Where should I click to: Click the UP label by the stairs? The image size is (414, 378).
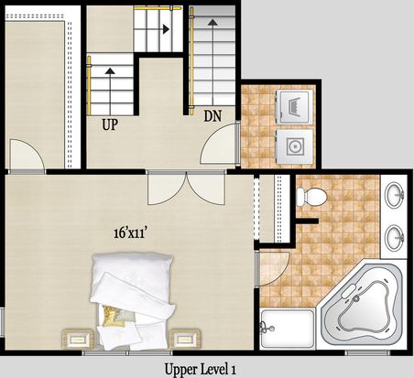[x=110, y=124]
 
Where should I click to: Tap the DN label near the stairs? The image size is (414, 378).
[x=212, y=116]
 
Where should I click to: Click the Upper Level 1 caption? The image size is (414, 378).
[x=201, y=369]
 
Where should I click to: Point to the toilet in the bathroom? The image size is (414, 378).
[x=311, y=197]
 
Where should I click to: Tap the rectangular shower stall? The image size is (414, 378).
[x=288, y=329]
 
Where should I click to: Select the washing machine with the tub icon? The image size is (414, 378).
[x=295, y=106]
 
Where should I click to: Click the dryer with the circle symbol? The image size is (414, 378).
[x=295, y=147]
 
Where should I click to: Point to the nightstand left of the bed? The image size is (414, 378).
[x=78, y=339]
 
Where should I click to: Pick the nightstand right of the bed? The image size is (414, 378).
[x=185, y=339]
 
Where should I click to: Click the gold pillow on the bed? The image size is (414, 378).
[x=110, y=316]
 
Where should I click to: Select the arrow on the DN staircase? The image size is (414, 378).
[x=212, y=22]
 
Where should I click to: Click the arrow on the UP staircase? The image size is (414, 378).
[x=110, y=71]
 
